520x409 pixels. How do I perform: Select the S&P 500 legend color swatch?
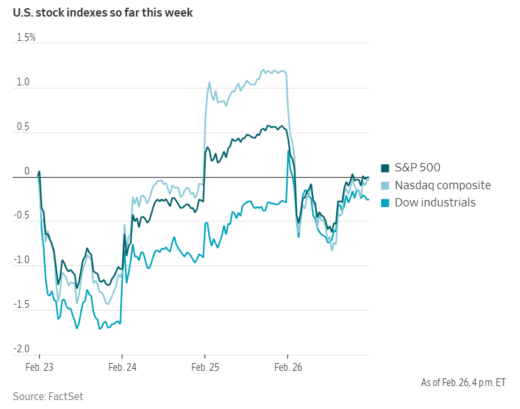coord(385,168)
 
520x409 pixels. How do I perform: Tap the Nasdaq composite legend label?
coord(442,185)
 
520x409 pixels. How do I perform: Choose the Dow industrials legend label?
coord(435,203)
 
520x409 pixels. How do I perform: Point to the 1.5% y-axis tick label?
coord(26,38)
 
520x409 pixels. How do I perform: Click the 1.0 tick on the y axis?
coord(24,82)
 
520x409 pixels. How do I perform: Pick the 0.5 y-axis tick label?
coord(24,127)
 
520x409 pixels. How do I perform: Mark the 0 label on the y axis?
coord(27,171)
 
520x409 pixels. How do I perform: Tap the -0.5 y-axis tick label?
coord(22,215)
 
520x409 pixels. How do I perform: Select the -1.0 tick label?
coord(22,260)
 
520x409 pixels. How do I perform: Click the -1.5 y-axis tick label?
coord(22,305)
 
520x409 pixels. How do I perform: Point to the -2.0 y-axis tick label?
coord(22,348)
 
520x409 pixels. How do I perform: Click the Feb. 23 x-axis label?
coord(39,368)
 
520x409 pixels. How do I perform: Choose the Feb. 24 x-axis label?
coord(122,368)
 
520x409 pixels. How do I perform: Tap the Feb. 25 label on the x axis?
coord(204,368)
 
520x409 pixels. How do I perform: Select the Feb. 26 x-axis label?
coord(287,368)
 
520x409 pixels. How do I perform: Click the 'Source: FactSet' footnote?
coord(48,396)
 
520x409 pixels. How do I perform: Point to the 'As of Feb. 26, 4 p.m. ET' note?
coord(463,382)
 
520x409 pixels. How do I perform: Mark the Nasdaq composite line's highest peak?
coord(264,69)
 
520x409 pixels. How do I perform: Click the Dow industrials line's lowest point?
coord(100,328)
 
